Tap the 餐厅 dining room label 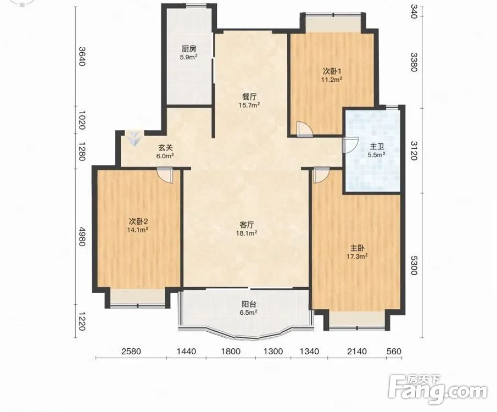coord(249,97)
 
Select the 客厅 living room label coord(247,225)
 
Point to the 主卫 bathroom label coord(377,147)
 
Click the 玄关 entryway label coord(165,147)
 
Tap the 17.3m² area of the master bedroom coord(357,257)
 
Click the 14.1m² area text coord(138,230)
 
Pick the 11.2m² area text coord(332,79)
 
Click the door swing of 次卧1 coord(305,130)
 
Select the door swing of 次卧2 coord(165,176)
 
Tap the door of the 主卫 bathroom coord(350,145)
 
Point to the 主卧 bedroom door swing coord(321,176)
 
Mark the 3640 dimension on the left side coord(82,57)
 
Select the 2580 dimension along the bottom coord(131,352)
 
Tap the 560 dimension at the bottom coord(394,352)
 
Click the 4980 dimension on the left coord(82,236)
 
